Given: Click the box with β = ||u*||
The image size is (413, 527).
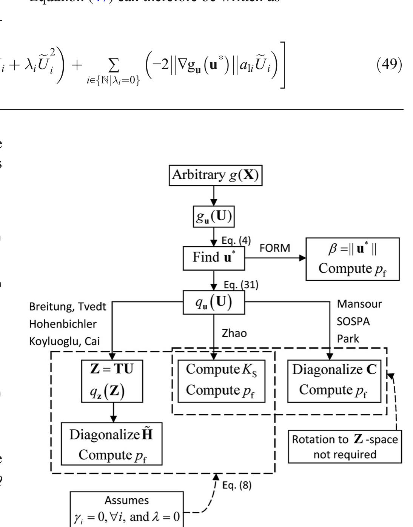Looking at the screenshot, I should pos(352,259).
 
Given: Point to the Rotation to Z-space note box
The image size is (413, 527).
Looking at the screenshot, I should pos(345,447).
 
